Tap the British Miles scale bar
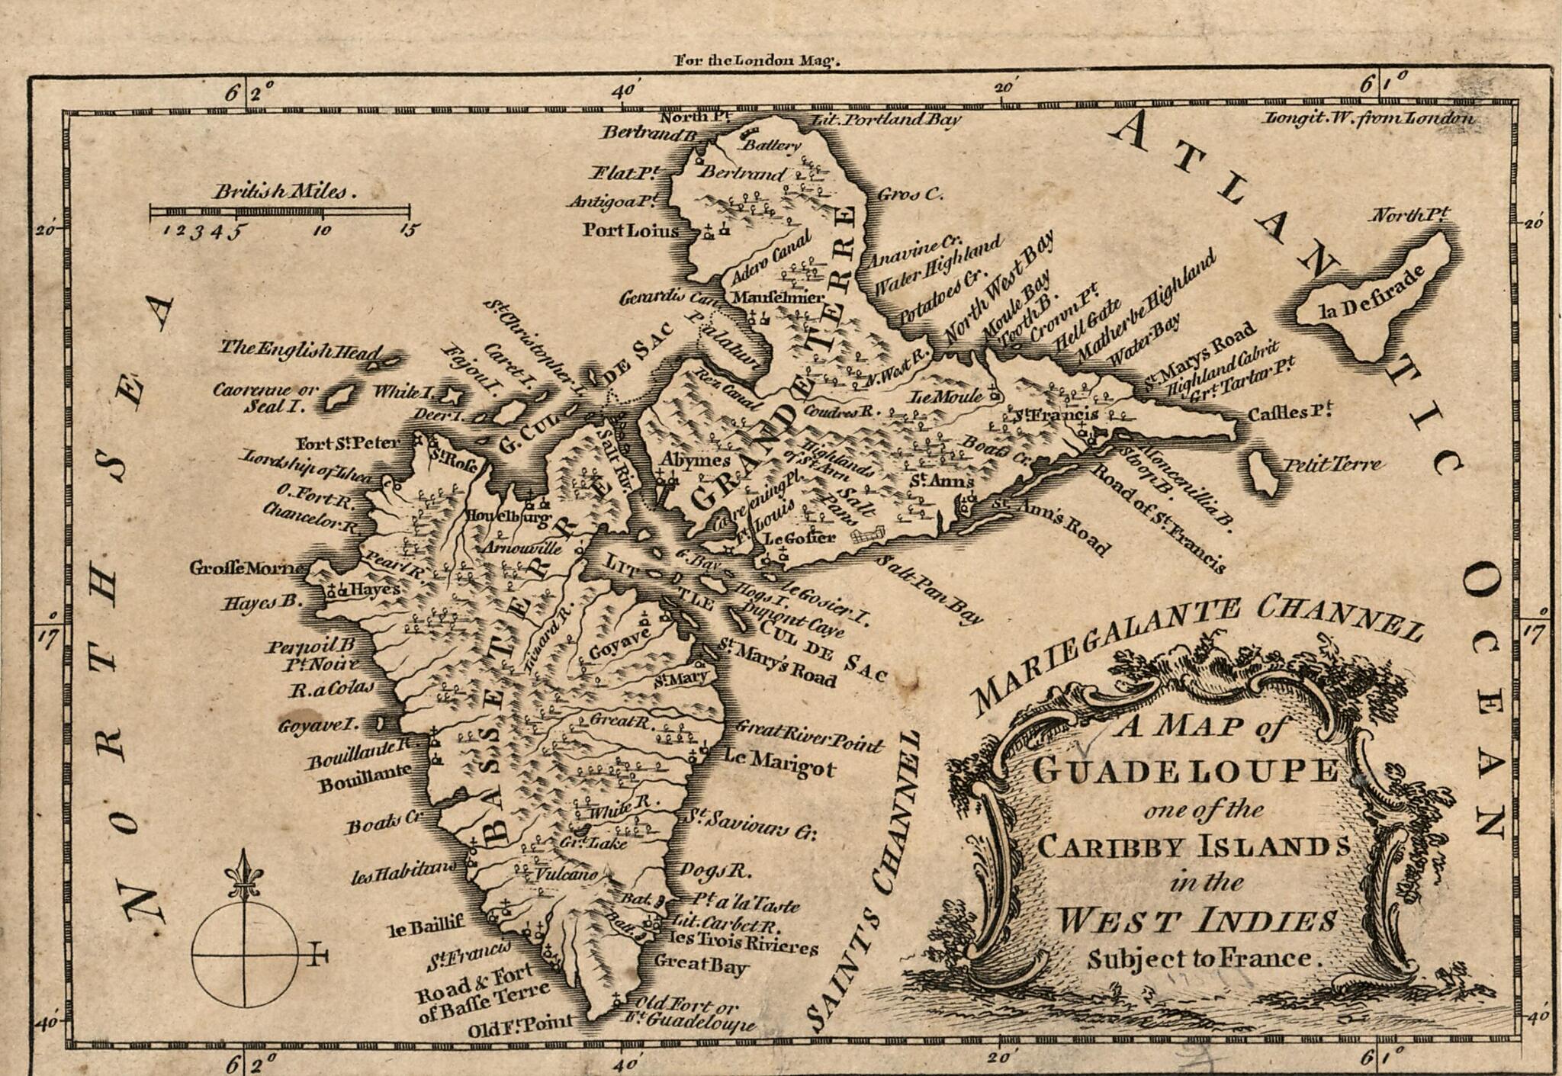(279, 211)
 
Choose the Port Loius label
(630, 230)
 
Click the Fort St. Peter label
(348, 443)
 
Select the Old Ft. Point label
(521, 1026)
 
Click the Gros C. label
(909, 194)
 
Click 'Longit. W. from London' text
(1368, 118)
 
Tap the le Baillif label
(426, 927)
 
